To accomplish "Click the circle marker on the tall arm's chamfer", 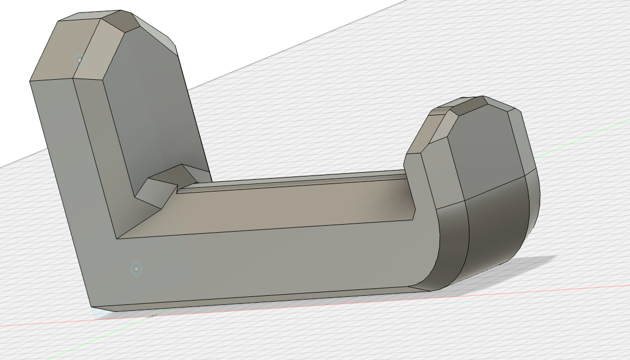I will [x=79, y=60].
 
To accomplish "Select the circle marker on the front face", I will [x=136, y=269].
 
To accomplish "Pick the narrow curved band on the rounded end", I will [x=452, y=241].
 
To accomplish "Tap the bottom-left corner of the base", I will [x=92, y=307].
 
